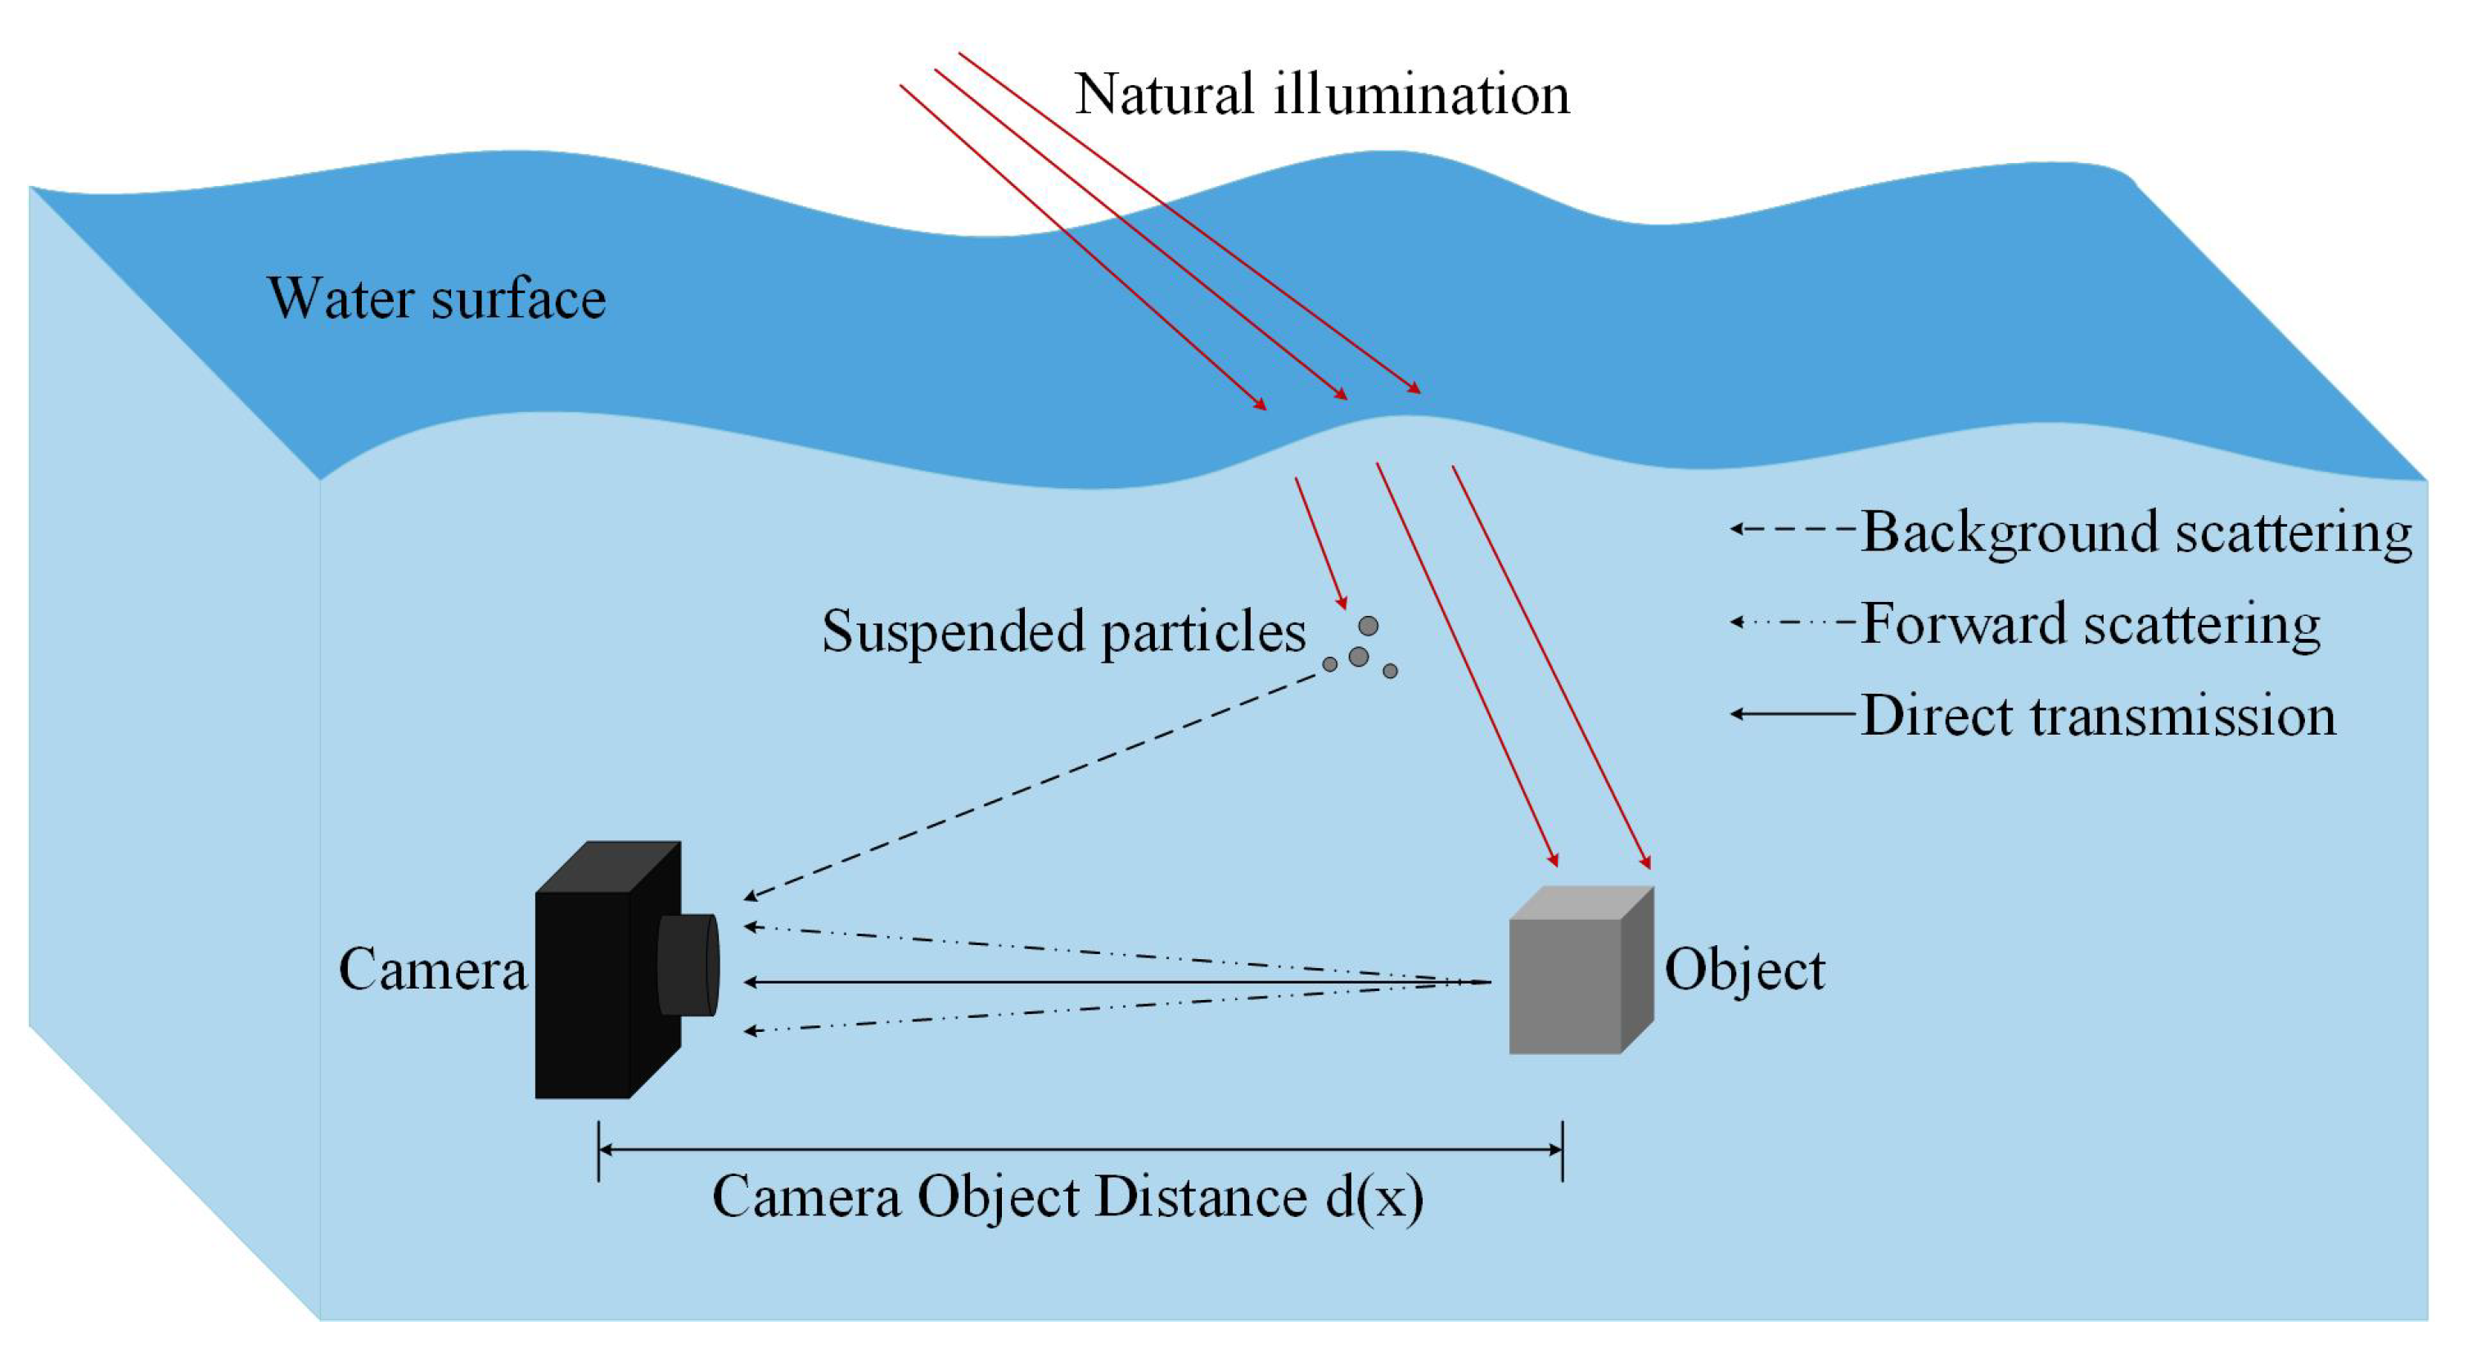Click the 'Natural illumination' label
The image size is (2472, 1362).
coord(1321,95)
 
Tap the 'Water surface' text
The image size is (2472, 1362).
coord(436,298)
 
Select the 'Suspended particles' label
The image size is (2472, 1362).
coord(1063,631)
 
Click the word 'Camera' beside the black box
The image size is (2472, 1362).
coord(433,970)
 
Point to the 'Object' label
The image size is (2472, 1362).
coord(1743,970)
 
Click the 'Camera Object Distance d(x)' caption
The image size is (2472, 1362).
coord(1067,1197)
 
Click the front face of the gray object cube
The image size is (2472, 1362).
coord(1564,987)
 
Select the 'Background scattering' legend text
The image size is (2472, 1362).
coord(2136,532)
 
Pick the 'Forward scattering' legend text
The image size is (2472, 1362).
coord(2090,624)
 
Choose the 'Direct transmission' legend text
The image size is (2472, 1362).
coord(2098,716)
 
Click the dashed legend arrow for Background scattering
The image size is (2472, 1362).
coord(1791,529)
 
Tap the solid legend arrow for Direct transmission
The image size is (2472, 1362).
coord(1791,714)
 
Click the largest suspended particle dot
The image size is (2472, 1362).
coord(1358,657)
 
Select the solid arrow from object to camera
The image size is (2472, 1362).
coord(1113,982)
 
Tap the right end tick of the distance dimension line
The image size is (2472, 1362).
coord(1563,1150)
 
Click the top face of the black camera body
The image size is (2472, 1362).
coord(608,867)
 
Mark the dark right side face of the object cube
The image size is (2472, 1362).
coord(1637,970)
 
